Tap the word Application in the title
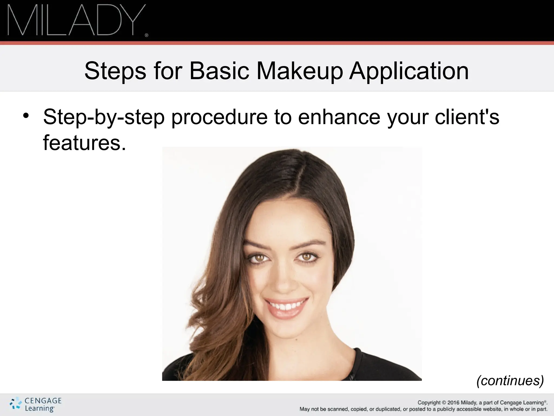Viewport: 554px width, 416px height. tap(409, 71)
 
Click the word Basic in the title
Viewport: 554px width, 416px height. tap(219, 71)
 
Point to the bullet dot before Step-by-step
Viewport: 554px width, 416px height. tap(26, 116)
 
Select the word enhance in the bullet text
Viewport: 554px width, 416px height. tap(339, 117)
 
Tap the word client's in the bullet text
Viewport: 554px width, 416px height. tap(467, 117)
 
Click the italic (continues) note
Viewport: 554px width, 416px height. tap(510, 381)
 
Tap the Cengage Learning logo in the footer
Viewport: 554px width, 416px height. tap(36, 405)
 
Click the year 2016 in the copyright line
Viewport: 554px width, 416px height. tap(453, 403)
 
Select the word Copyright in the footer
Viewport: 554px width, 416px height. tap(429, 403)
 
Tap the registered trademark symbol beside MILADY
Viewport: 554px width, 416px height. tap(147, 35)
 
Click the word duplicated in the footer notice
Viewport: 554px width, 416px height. tap(387, 409)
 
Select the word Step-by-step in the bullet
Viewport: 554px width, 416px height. tap(104, 117)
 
